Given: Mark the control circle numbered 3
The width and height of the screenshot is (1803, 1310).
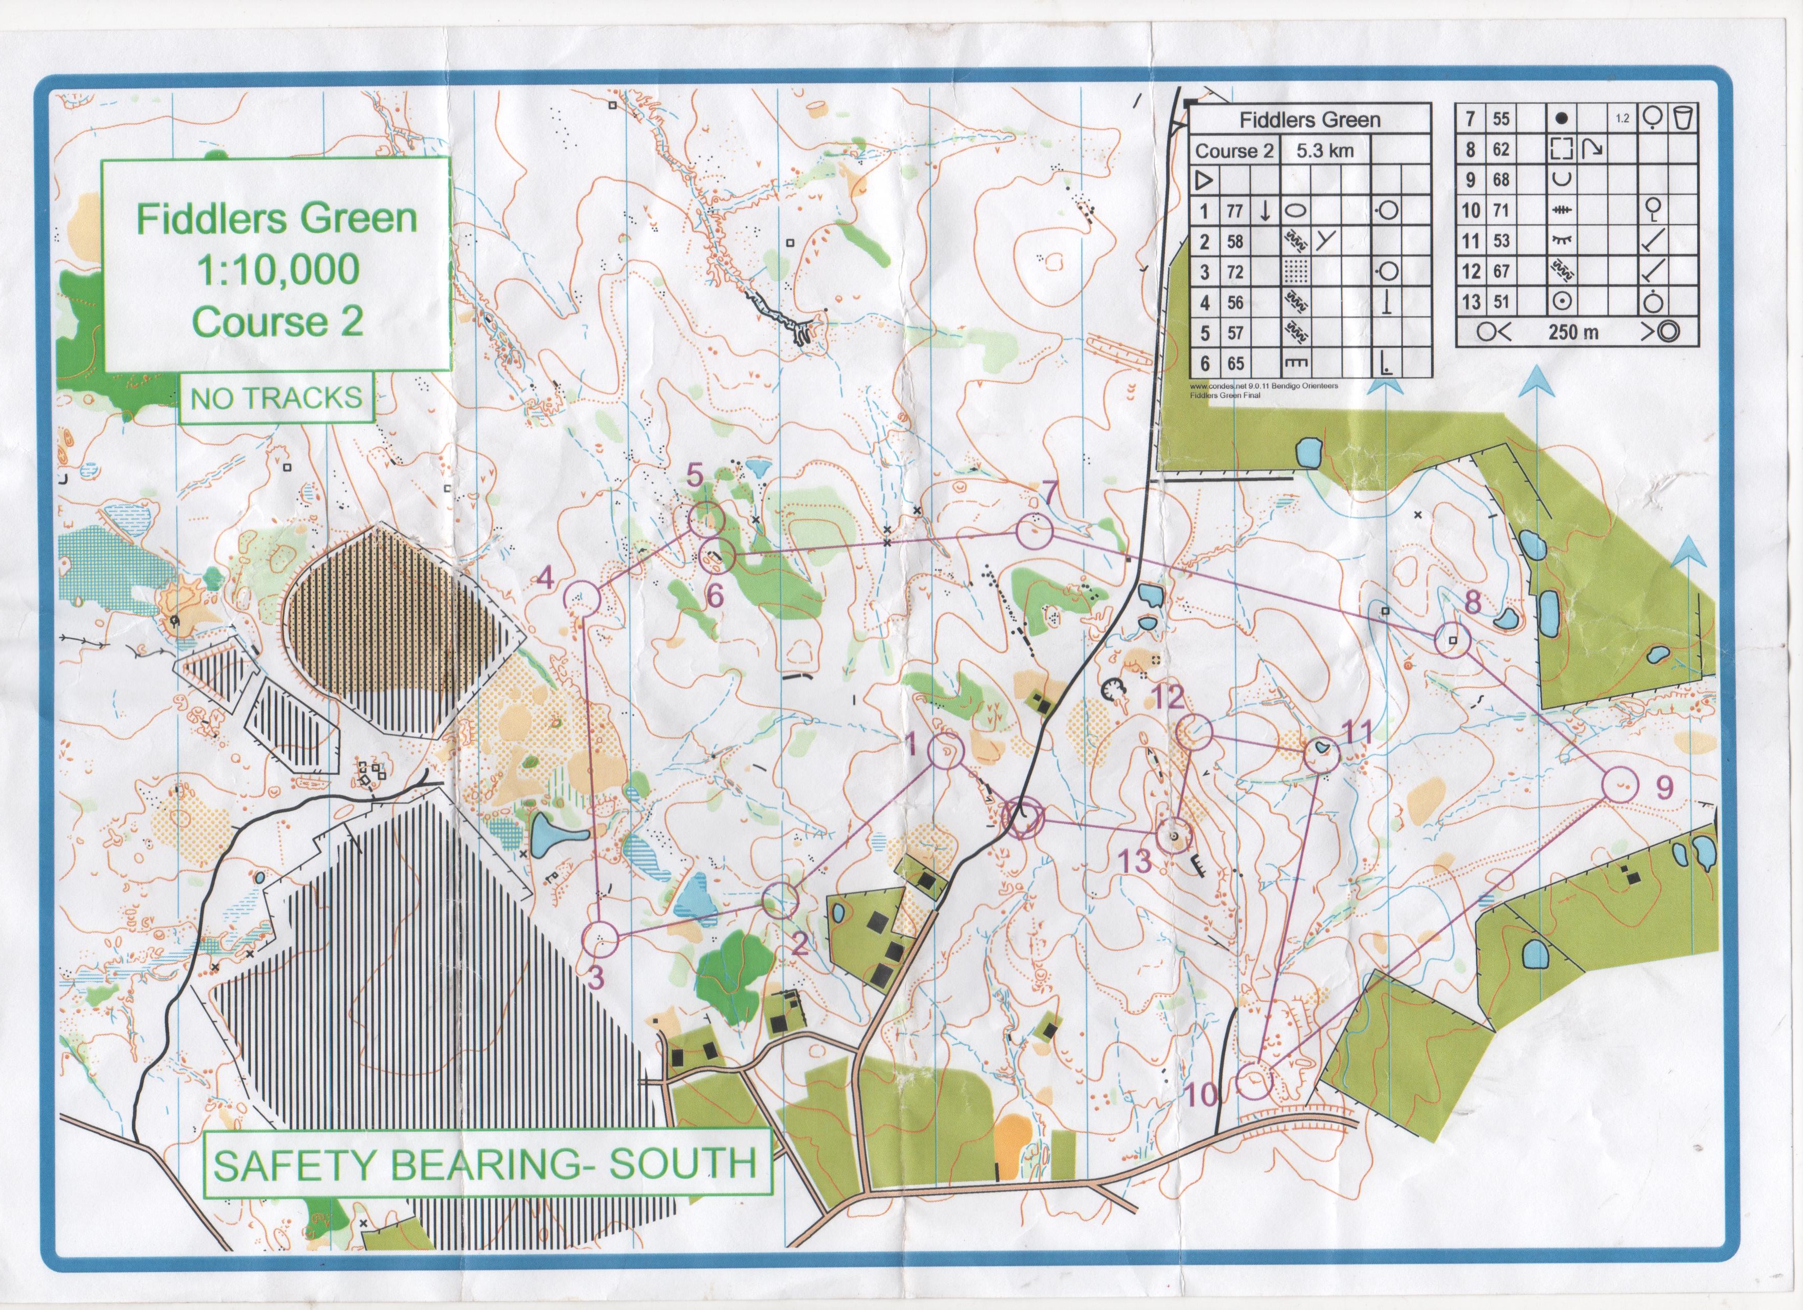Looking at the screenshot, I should (x=600, y=940).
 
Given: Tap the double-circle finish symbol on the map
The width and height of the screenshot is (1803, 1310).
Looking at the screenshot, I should (x=1022, y=817).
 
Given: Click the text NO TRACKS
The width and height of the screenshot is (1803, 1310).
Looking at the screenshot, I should (x=276, y=398).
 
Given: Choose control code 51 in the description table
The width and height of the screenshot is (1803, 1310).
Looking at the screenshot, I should (x=1500, y=302).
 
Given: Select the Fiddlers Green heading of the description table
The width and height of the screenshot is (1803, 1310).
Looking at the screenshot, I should (x=1309, y=120).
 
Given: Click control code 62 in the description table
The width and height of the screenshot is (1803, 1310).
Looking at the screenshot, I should (x=1500, y=149).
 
